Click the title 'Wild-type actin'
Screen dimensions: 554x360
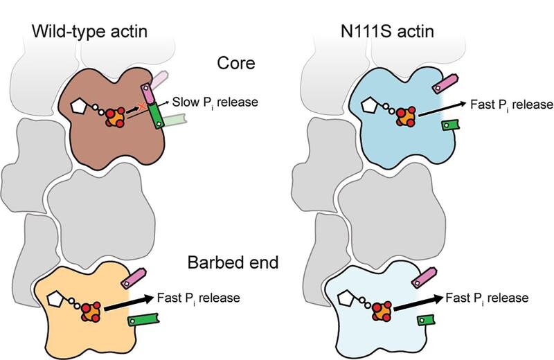pos(89,32)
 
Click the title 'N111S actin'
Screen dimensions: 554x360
pos(387,32)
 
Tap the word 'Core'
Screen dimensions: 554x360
pos(236,63)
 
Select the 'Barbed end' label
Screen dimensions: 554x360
pos(233,262)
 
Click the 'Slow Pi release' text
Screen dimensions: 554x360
pos(215,102)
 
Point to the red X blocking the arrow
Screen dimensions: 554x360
pos(142,106)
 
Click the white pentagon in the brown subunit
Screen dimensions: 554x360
pos(78,107)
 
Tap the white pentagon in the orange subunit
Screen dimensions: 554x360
pos(55,299)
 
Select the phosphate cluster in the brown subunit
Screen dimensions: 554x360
pos(116,118)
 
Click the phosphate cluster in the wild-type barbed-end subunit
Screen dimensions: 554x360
pos(91,312)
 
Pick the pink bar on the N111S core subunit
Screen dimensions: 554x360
pos(445,83)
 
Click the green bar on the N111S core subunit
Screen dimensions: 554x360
pos(451,125)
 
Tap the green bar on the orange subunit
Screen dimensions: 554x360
pos(143,319)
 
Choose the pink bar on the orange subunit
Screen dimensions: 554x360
pos(134,279)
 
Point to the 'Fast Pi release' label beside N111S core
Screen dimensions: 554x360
pos(511,105)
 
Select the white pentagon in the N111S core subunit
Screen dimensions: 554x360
pos(369,105)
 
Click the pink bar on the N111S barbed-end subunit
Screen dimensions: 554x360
pos(425,278)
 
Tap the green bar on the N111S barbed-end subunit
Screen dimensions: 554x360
pos(426,320)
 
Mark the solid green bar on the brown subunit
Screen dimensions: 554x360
pos(155,116)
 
